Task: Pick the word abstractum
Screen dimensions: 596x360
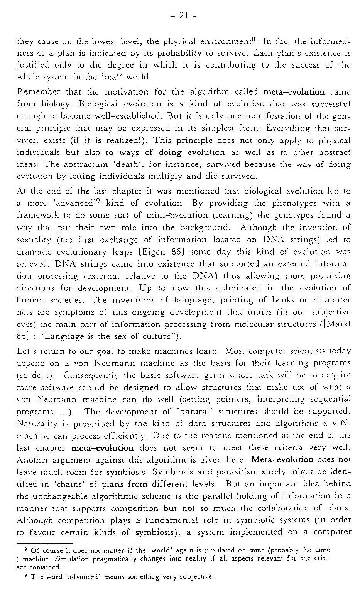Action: coord(82,165)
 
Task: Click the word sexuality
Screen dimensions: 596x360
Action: coord(34,240)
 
